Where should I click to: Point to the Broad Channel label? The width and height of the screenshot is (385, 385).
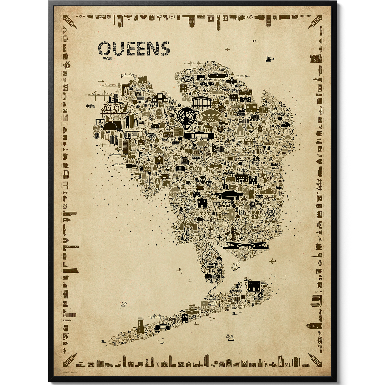point(211,265)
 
